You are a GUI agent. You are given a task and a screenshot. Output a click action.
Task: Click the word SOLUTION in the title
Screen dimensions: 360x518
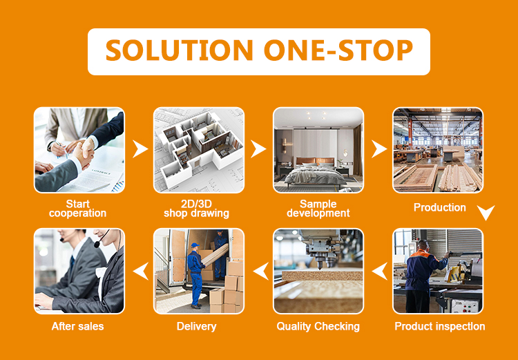click(178, 52)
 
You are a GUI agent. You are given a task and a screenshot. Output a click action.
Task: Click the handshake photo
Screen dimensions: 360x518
click(79, 150)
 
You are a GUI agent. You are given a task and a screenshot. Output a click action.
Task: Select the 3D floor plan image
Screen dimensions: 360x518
click(199, 150)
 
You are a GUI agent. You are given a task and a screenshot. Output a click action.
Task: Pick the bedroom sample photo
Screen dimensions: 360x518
click(318, 150)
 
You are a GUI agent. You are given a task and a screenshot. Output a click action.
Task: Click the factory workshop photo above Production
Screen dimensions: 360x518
click(438, 150)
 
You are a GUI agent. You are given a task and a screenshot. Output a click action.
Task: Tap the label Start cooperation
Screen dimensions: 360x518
click(78, 209)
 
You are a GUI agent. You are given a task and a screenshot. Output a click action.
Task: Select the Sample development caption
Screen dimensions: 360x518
click(318, 209)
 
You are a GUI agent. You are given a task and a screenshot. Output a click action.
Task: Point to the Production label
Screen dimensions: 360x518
click(440, 207)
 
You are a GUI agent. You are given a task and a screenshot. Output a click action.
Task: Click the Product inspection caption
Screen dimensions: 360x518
click(440, 326)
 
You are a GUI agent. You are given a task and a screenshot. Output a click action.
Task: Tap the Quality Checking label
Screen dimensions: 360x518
click(318, 326)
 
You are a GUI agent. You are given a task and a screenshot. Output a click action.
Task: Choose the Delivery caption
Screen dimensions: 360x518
click(197, 326)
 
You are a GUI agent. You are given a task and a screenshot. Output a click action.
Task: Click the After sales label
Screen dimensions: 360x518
click(78, 326)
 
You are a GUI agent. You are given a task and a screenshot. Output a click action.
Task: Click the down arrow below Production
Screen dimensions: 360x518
click(486, 213)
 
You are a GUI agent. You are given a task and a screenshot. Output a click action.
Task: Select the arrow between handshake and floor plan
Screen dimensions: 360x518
click(140, 149)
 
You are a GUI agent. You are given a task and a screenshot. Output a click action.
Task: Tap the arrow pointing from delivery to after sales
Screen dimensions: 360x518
click(140, 272)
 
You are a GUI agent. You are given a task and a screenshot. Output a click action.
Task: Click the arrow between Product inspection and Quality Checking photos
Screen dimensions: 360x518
click(378, 272)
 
